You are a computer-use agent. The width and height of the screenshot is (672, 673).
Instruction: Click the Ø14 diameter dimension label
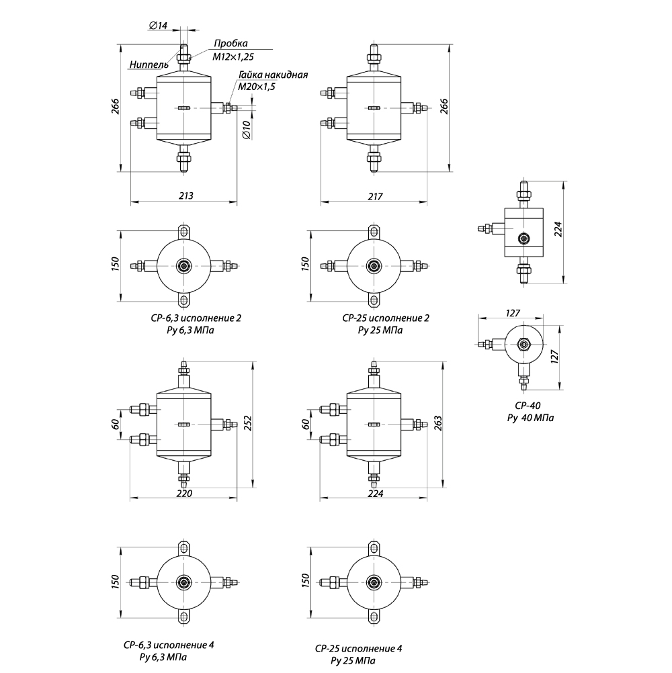pos(158,26)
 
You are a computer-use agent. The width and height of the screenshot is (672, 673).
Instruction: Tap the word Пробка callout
pos(230,44)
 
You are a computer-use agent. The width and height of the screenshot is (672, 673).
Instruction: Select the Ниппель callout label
pos(149,64)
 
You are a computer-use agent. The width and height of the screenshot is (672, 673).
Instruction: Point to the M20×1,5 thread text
pos(257,86)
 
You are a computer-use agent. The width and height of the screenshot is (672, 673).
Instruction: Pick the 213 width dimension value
pos(186,195)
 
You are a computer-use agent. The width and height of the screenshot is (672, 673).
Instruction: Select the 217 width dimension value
pos(375,196)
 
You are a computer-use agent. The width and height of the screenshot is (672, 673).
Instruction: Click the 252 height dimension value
pos(248,422)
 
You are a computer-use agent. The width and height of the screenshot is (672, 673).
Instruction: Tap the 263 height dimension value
pos(438,423)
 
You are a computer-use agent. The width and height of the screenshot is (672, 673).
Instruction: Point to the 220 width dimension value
pos(185,493)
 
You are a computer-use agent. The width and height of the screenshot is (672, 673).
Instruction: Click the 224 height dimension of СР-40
pos(558,229)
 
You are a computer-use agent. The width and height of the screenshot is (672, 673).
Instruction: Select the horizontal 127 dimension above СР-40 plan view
pos(513,313)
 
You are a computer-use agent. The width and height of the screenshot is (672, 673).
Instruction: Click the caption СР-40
pos(528,406)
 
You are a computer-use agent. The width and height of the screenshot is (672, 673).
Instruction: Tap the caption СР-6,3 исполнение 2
pos(196,318)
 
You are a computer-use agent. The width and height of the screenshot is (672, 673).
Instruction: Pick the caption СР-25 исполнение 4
pos(359,649)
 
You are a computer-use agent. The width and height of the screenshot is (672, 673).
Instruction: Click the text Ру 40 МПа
pos(530,418)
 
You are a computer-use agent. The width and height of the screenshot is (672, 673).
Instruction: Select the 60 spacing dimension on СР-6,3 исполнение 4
pos(116,424)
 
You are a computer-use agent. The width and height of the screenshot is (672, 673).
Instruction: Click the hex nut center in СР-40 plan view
pos(523,345)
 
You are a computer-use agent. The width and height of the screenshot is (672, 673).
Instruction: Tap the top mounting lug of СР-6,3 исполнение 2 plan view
pos(183,232)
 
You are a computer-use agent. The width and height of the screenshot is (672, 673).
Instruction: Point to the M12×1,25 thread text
pos(233,56)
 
